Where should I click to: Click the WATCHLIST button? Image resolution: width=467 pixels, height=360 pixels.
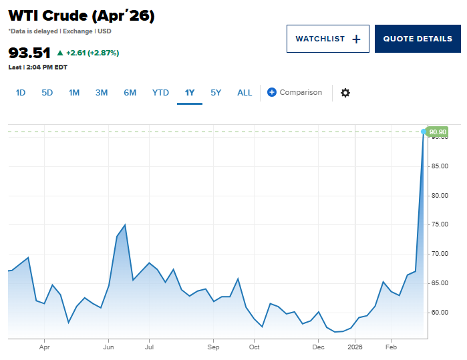pyautogui.click(x=327, y=39)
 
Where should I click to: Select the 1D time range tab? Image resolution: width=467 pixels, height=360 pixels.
pyautogui.click(x=21, y=93)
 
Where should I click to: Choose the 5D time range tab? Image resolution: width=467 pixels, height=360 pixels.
pyautogui.click(x=47, y=93)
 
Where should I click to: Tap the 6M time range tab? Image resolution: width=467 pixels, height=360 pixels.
pyautogui.click(x=130, y=93)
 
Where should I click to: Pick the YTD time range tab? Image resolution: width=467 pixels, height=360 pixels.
pyautogui.click(x=160, y=93)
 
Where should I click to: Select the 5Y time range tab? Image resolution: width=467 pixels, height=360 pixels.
pyautogui.click(x=216, y=93)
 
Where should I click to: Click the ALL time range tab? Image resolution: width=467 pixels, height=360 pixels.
pyautogui.click(x=245, y=93)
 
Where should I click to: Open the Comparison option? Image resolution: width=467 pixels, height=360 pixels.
pyautogui.click(x=295, y=93)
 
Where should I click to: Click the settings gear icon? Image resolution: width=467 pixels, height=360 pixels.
pyautogui.click(x=345, y=93)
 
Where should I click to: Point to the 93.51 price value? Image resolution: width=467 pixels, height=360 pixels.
pyautogui.click(x=29, y=53)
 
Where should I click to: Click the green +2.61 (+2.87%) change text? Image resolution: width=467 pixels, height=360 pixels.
pyautogui.click(x=88, y=53)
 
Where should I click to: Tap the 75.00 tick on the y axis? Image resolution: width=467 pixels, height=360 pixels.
pyautogui.click(x=439, y=224)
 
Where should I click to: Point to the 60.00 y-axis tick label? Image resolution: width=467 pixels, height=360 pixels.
pyautogui.click(x=439, y=312)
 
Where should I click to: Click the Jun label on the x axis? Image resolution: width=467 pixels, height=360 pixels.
pyautogui.click(x=108, y=347)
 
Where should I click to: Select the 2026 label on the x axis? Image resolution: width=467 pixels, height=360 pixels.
pyautogui.click(x=354, y=347)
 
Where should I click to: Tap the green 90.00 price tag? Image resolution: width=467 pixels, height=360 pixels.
pyautogui.click(x=438, y=132)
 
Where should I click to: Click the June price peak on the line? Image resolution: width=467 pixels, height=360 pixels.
pyautogui.click(x=125, y=225)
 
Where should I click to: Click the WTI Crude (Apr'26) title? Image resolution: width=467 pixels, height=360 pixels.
pyautogui.click(x=82, y=16)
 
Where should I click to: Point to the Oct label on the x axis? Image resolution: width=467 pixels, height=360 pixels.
pyautogui.click(x=254, y=347)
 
